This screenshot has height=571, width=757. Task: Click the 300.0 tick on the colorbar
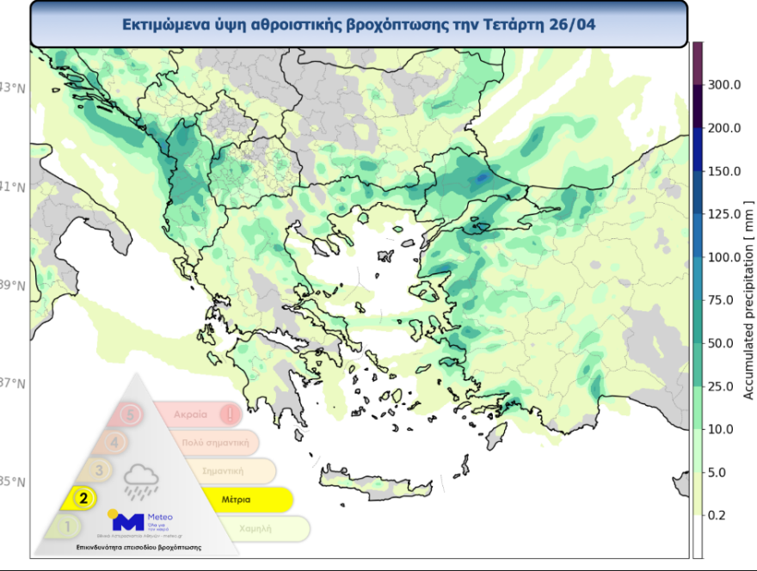[723, 85]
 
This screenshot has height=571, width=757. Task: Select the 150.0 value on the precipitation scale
[723, 171]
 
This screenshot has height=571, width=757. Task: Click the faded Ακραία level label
[190, 414]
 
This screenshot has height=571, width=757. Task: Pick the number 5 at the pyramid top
[130, 414]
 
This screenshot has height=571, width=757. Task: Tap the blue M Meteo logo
[129, 520]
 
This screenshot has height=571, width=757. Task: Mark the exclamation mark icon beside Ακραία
[229, 414]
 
